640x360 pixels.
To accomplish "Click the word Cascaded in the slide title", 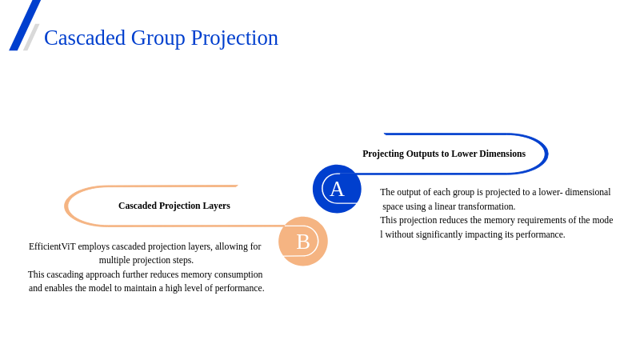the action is tap(85, 38).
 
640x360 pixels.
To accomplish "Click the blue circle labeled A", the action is tap(337, 189).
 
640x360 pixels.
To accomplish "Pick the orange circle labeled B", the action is tap(303, 242).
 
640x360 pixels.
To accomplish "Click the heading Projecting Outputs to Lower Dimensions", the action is tap(444, 154).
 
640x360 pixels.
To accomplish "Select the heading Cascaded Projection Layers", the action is tap(174, 206).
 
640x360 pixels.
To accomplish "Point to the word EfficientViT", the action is tap(52, 246).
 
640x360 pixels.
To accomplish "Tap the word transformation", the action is tap(487, 206).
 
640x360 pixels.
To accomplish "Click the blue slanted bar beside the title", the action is tap(25, 26).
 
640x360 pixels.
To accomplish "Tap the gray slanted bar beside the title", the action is tap(31, 37).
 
